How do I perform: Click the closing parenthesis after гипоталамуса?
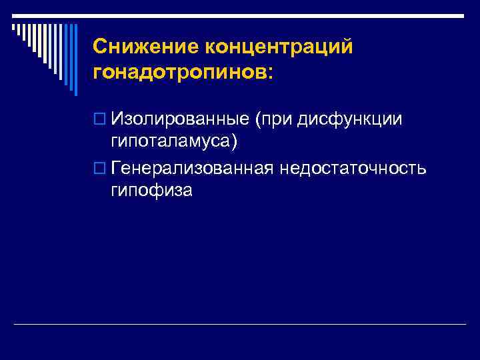pos(234,141)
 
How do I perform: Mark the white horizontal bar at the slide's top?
pos(240,14)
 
